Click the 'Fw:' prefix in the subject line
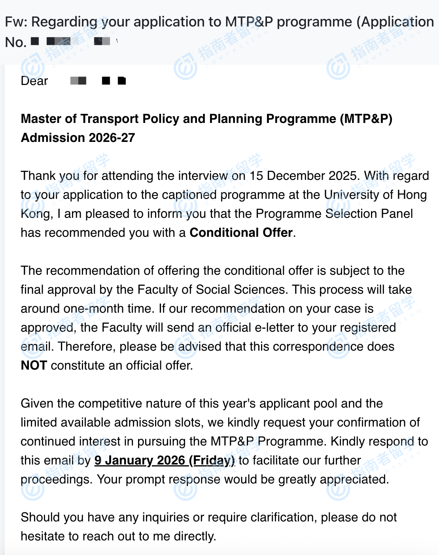click(16, 22)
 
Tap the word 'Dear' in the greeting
click(34, 81)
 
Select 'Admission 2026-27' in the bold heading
click(78, 138)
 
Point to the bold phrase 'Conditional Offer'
click(241, 232)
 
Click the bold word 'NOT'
click(34, 365)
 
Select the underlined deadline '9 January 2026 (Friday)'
click(165, 460)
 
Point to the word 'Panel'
click(397, 213)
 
